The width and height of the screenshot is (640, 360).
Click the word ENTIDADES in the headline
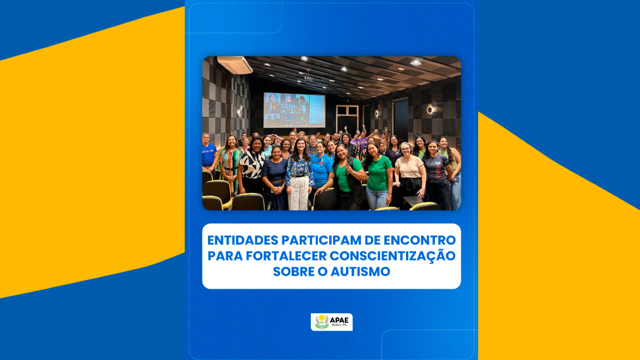(x=242, y=240)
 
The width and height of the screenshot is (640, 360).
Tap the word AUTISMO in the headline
(x=360, y=272)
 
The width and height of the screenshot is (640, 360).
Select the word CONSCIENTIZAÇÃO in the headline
(x=392, y=255)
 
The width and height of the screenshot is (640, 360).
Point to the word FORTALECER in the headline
(x=286, y=256)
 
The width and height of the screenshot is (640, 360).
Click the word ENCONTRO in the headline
(x=420, y=240)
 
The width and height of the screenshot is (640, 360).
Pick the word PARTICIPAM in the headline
(x=322, y=240)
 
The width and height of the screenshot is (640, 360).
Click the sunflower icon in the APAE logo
(x=322, y=322)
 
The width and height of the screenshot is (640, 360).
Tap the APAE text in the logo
(x=339, y=320)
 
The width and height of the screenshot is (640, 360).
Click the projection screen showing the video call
(x=294, y=110)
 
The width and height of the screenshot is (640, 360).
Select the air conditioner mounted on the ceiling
(x=235, y=65)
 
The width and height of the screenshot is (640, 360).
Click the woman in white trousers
(x=299, y=175)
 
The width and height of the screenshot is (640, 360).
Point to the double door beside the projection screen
(x=347, y=118)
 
